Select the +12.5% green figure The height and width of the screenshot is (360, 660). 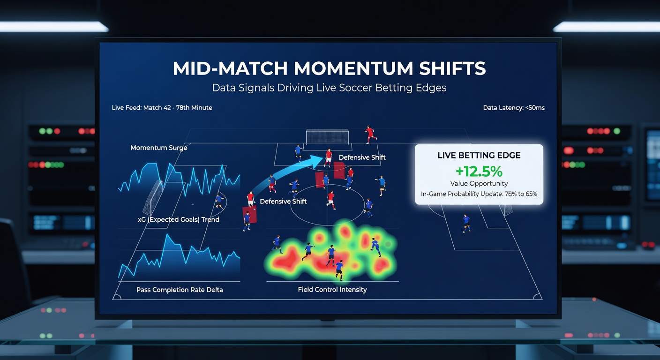coord(479,171)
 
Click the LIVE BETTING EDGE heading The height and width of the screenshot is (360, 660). coord(479,155)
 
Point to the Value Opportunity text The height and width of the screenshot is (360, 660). coord(479,184)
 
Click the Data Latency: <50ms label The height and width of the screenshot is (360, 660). coord(514,108)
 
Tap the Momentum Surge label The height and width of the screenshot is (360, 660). coord(158,148)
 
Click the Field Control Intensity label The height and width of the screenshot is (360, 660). coord(332,290)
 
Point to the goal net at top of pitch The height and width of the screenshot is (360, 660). coord(328,137)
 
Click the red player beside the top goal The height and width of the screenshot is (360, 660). coord(370,135)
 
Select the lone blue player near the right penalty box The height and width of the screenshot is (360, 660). coord(466,223)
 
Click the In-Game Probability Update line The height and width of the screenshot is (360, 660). coord(479,194)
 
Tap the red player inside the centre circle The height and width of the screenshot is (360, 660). coord(331,199)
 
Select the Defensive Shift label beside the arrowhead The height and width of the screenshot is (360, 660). coord(362,157)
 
